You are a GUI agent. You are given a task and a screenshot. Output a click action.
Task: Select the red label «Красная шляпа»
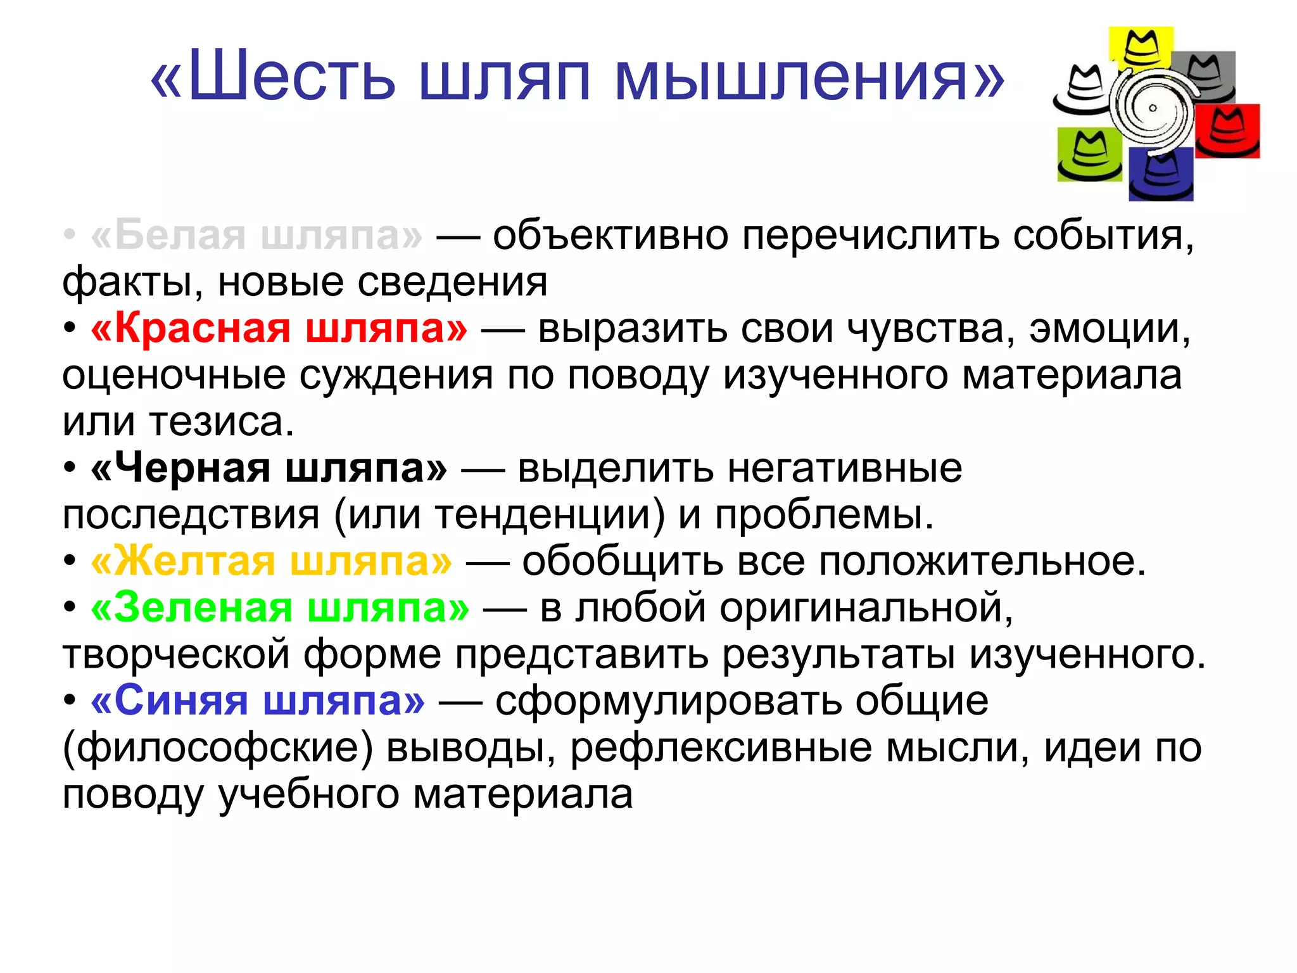click(279, 328)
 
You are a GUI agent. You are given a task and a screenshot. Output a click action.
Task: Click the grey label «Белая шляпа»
click(256, 235)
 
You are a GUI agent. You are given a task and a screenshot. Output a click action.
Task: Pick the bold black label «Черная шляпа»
click(269, 468)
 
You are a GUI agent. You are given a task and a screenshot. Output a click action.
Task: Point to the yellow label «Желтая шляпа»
click(272, 561)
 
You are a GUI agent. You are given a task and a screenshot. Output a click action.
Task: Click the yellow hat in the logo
click(1141, 48)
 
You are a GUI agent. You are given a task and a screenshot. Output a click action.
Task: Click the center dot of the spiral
click(1153, 108)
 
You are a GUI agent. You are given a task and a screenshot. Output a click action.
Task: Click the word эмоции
click(1110, 328)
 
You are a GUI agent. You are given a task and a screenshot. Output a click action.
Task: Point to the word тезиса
click(222, 421)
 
